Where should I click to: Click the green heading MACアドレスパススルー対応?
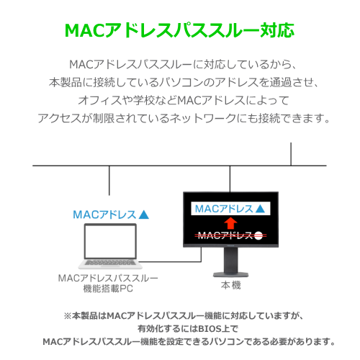pos(179,30)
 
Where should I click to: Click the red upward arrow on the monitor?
pos(230,223)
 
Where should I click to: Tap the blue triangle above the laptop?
pos(144,215)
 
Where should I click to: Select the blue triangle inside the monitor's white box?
pos(260,209)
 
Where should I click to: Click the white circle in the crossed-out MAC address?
pos(258,235)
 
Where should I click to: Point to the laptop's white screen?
pos(110,241)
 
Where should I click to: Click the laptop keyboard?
pos(110,263)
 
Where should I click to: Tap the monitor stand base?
pos(230,274)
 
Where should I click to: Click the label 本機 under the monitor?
pos(231,285)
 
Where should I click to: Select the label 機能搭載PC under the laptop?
pos(108,289)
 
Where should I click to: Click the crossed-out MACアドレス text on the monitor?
pos(225,235)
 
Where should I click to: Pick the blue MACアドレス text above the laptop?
pos(104,215)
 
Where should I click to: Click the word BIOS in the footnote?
pos(207,328)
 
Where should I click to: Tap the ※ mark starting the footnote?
pos(68,316)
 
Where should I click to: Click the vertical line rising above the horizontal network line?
pos(291,154)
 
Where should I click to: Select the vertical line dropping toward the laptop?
pos(109,181)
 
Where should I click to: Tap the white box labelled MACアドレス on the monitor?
pos(230,209)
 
